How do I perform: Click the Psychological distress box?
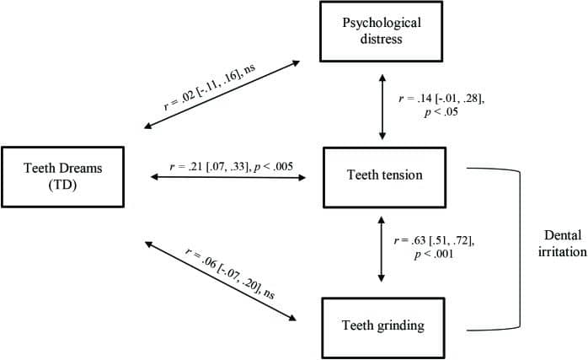pyautogui.click(x=381, y=31)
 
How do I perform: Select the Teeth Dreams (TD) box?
pyautogui.click(x=62, y=177)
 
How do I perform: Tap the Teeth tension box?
pyautogui.click(x=384, y=177)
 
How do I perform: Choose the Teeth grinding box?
pyautogui.click(x=383, y=328)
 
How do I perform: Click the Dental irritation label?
pyautogui.click(x=562, y=244)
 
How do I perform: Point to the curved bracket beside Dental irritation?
pyautogui.click(x=520, y=250)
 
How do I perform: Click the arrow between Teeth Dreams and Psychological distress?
pyautogui.click(x=222, y=94)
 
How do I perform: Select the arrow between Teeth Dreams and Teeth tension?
pyautogui.click(x=228, y=177)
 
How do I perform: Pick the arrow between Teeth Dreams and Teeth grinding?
pyautogui.click(x=221, y=281)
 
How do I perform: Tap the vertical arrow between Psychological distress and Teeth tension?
pyautogui.click(x=382, y=107)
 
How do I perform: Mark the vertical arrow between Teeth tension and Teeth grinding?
pyautogui.click(x=381, y=249)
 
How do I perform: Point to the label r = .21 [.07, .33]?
pyautogui.click(x=209, y=166)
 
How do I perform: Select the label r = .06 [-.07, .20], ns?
pyautogui.click(x=230, y=273)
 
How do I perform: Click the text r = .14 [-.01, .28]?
pyautogui.click(x=441, y=99)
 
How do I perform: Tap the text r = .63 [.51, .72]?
pyautogui.click(x=434, y=240)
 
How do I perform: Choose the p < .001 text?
pyautogui.click(x=434, y=254)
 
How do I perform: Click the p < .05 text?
pyautogui.click(x=441, y=112)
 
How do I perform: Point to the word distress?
pyautogui.click(x=381, y=39)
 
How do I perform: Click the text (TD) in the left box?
pyautogui.click(x=62, y=185)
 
